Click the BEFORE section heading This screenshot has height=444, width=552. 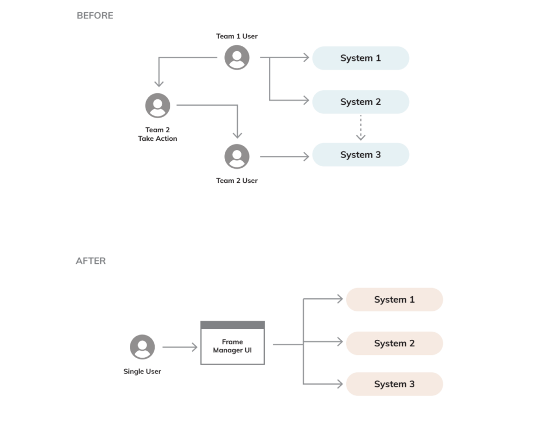95,16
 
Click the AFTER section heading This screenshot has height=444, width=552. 91,261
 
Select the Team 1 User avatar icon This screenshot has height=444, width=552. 237,58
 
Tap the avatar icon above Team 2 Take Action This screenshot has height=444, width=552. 157,105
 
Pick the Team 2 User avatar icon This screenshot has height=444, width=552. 237,156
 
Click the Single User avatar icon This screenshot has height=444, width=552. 142,347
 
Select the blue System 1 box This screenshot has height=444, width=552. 361,58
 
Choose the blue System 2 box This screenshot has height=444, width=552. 361,102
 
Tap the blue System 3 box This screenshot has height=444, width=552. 361,155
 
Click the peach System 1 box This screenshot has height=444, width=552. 394,299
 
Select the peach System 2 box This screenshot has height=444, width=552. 394,343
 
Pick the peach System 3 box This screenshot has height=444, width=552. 394,384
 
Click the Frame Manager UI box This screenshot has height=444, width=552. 232,346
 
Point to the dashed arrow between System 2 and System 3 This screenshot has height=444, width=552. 361,128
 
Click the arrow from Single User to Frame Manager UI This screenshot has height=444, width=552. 180,347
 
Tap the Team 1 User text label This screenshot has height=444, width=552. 237,36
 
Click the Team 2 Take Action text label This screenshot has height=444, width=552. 157,134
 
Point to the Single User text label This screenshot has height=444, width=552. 142,371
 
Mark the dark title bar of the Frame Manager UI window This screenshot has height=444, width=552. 232,325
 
